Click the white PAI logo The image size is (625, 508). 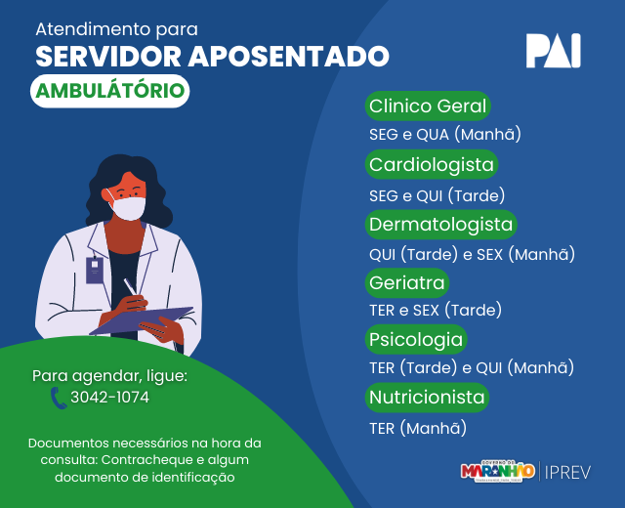(x=553, y=51)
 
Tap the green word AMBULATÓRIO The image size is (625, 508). (x=110, y=91)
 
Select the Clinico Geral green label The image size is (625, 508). (x=428, y=106)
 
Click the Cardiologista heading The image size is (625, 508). (x=432, y=164)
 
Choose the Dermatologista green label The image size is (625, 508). (x=440, y=224)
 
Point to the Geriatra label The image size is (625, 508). (x=407, y=282)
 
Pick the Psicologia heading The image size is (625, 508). (x=416, y=339)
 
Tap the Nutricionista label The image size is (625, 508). (x=427, y=398)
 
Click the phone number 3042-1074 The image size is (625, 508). (x=110, y=398)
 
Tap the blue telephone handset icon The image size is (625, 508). (x=59, y=398)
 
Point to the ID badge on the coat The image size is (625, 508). (x=95, y=271)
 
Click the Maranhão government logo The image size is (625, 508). (x=497, y=471)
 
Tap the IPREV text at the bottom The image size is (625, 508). (x=567, y=473)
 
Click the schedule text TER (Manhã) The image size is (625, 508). (x=418, y=428)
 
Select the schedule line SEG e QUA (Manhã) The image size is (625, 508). (x=445, y=135)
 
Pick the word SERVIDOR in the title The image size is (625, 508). (x=108, y=57)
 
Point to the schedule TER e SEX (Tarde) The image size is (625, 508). (x=436, y=311)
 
